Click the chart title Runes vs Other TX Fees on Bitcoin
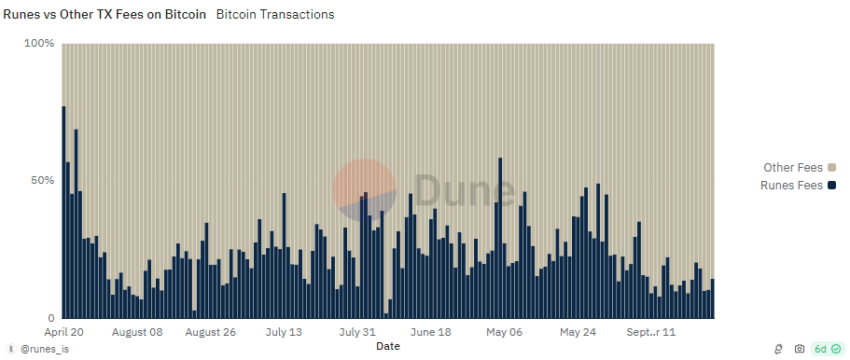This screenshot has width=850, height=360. [105, 15]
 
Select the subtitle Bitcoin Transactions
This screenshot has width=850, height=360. [274, 15]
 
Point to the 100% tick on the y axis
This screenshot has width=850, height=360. [39, 44]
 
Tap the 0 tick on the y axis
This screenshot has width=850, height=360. [50, 317]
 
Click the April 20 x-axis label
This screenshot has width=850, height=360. [64, 332]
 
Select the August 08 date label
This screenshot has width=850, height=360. [137, 332]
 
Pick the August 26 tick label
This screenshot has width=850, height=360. [211, 332]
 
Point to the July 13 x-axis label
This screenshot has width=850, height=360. [284, 332]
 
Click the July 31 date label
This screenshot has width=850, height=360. [357, 332]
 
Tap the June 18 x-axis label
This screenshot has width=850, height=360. [431, 332]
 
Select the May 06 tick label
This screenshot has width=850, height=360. [504, 332]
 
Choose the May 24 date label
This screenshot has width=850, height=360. [578, 332]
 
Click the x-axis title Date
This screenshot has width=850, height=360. [388, 346]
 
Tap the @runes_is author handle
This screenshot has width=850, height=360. [44, 349]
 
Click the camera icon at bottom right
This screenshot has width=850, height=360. [800, 349]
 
